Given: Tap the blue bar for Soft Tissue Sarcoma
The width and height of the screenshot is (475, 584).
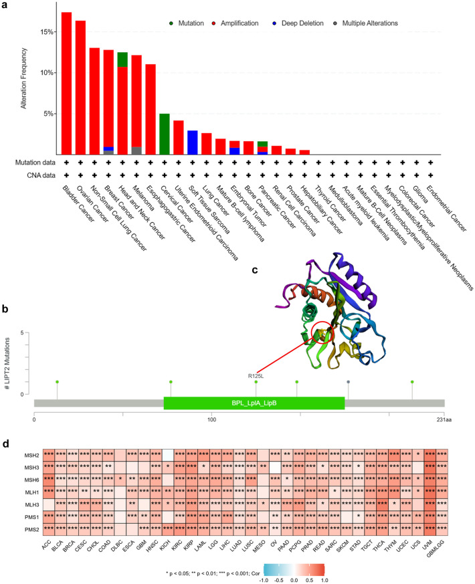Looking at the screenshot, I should coord(193,142).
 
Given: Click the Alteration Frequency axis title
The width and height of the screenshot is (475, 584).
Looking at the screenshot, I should coord(24,84).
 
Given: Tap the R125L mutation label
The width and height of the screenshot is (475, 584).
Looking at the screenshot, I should coord(255,376).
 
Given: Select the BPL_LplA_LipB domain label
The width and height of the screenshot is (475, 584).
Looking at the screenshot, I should coord(254,403).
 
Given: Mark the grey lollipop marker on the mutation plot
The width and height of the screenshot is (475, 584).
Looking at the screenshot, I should coord(348,382).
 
